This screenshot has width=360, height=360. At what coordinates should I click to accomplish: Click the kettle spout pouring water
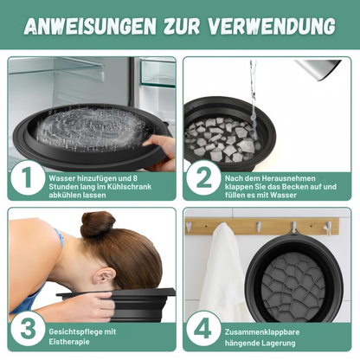click(302, 64)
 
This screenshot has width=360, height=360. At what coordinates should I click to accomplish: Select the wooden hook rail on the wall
click(264, 226)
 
